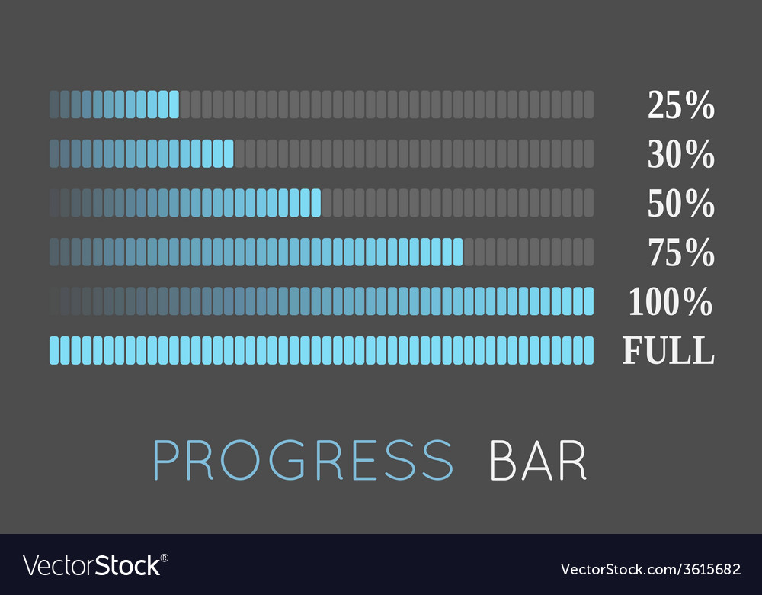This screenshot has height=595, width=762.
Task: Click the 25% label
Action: (680, 105)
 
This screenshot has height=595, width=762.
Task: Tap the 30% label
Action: (680, 154)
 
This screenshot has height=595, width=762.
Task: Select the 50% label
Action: (680, 203)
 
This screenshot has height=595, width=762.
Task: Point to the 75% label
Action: (681, 252)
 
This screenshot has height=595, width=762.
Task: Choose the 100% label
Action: (671, 301)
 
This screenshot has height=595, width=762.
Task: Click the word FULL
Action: (668, 350)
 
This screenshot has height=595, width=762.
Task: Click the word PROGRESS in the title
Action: (303, 460)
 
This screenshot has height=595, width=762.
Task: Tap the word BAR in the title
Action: (538, 460)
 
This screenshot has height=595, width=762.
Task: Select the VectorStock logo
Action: (96, 566)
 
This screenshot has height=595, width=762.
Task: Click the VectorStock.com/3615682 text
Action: (651, 569)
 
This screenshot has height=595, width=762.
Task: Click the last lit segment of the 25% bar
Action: (174, 105)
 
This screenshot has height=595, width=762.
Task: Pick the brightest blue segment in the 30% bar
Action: (229, 154)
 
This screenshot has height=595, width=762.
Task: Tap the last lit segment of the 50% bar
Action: (316, 203)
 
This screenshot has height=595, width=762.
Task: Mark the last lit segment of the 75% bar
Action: (458, 252)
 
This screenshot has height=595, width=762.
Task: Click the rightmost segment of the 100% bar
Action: (588, 301)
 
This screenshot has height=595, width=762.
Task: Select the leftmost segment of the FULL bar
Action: (54, 350)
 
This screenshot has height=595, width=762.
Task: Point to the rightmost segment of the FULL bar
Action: (588, 350)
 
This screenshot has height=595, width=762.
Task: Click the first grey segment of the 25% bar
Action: (184, 105)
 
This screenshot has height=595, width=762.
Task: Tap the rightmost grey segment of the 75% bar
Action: (588, 252)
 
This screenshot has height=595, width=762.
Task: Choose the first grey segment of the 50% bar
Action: (327, 203)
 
